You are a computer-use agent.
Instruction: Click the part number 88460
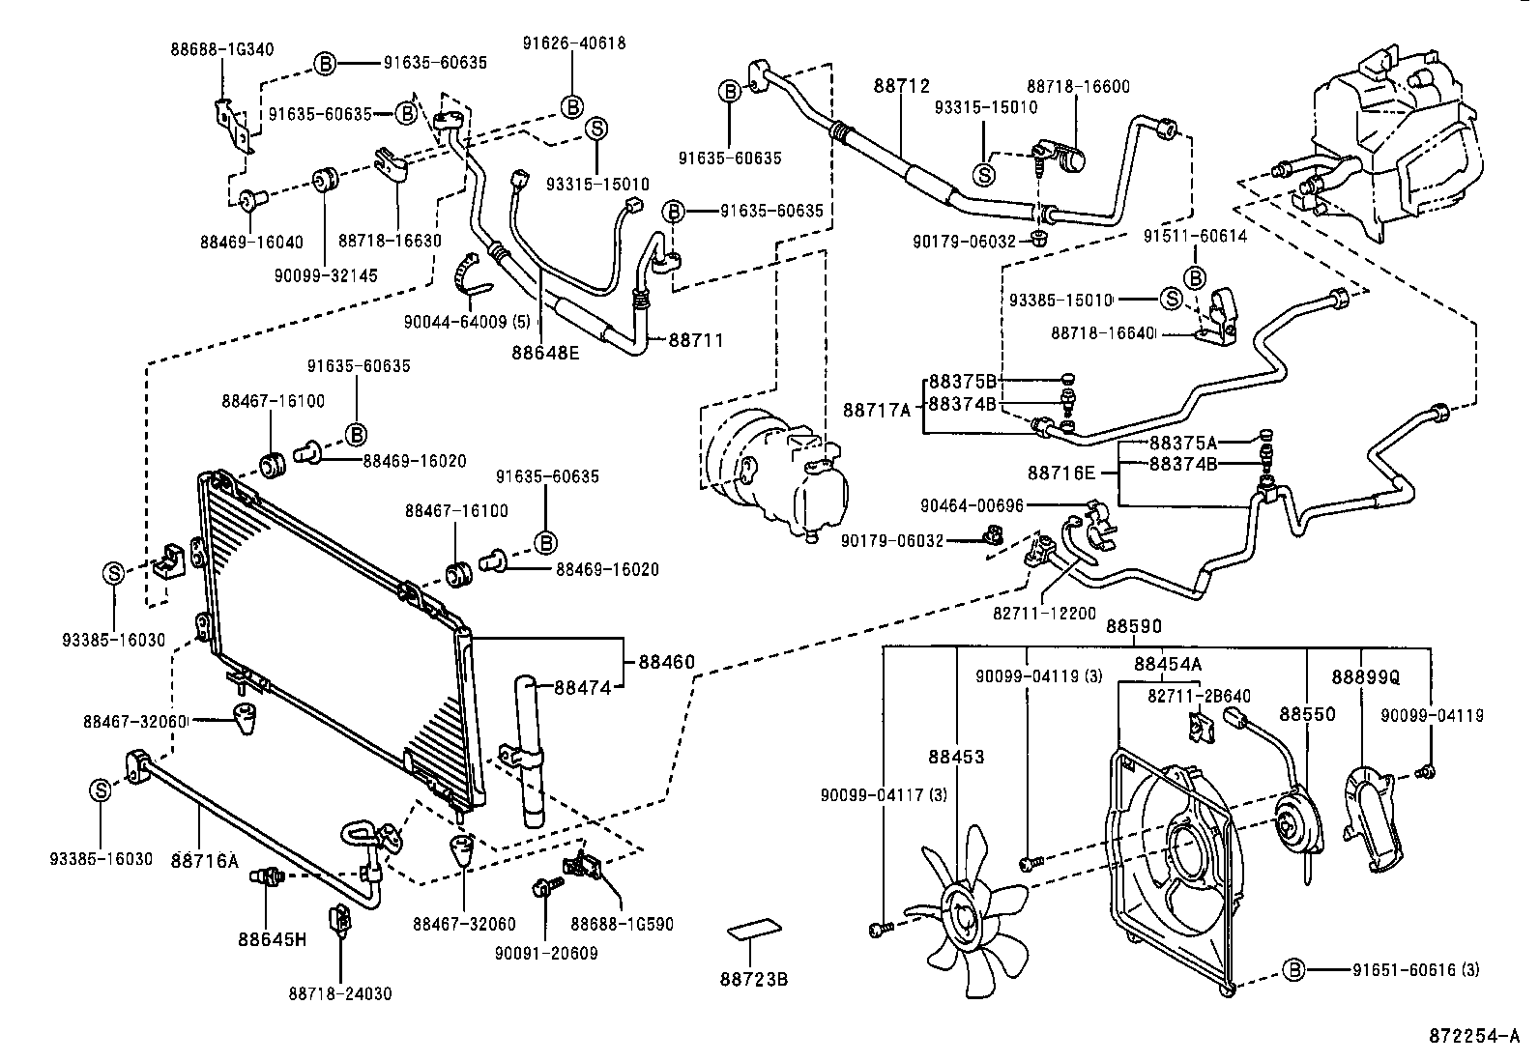666,663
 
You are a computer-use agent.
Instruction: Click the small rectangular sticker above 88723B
753,930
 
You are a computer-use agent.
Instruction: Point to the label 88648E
545,353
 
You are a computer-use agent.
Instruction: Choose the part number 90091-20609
546,954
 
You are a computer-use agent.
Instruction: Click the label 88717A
877,411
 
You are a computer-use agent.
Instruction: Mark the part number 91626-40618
574,43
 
